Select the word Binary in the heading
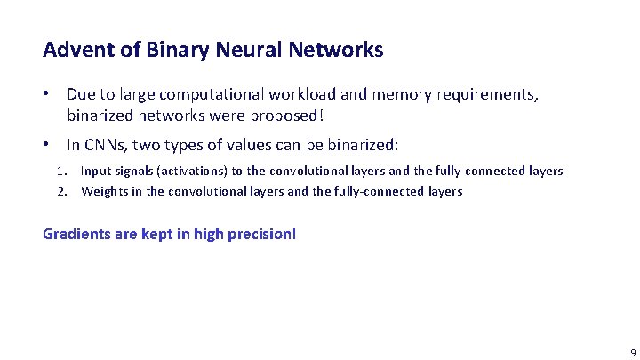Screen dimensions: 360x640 166,50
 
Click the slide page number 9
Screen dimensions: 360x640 632,352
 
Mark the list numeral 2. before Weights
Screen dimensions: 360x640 63,191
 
